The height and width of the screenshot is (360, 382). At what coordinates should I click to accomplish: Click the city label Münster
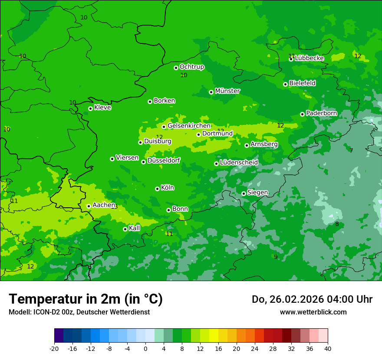pos(227,91)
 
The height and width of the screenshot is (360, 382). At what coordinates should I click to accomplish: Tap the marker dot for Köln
pos(157,189)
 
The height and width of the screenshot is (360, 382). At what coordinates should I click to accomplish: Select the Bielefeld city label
pos(302,83)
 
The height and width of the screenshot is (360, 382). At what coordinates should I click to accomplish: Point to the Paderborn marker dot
pos(302,114)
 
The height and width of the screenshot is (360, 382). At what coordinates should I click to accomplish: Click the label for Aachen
pos(104,205)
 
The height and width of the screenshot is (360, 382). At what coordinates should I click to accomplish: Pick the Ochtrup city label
pos(191,67)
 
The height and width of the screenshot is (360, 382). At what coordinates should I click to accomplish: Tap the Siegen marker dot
pos(244,193)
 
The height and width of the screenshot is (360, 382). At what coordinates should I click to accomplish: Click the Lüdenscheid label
pos(239,163)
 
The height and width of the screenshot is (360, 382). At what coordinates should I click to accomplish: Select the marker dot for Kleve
pos(90,108)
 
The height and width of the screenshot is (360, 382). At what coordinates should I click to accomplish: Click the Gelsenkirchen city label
pos(189,126)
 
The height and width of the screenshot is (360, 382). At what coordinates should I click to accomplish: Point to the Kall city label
pos(135,228)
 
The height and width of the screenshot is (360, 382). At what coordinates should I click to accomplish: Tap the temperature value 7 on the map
pos(351,151)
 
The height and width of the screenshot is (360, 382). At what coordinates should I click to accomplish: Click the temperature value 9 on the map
pos(275,257)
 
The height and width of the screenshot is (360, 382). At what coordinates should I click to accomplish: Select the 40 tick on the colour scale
pos(328,349)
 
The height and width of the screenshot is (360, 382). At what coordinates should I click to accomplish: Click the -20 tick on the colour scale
pos(54,349)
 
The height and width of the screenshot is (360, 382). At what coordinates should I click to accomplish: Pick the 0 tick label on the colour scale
pos(145,349)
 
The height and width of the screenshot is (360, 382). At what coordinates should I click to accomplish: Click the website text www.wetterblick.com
pos(313,312)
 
